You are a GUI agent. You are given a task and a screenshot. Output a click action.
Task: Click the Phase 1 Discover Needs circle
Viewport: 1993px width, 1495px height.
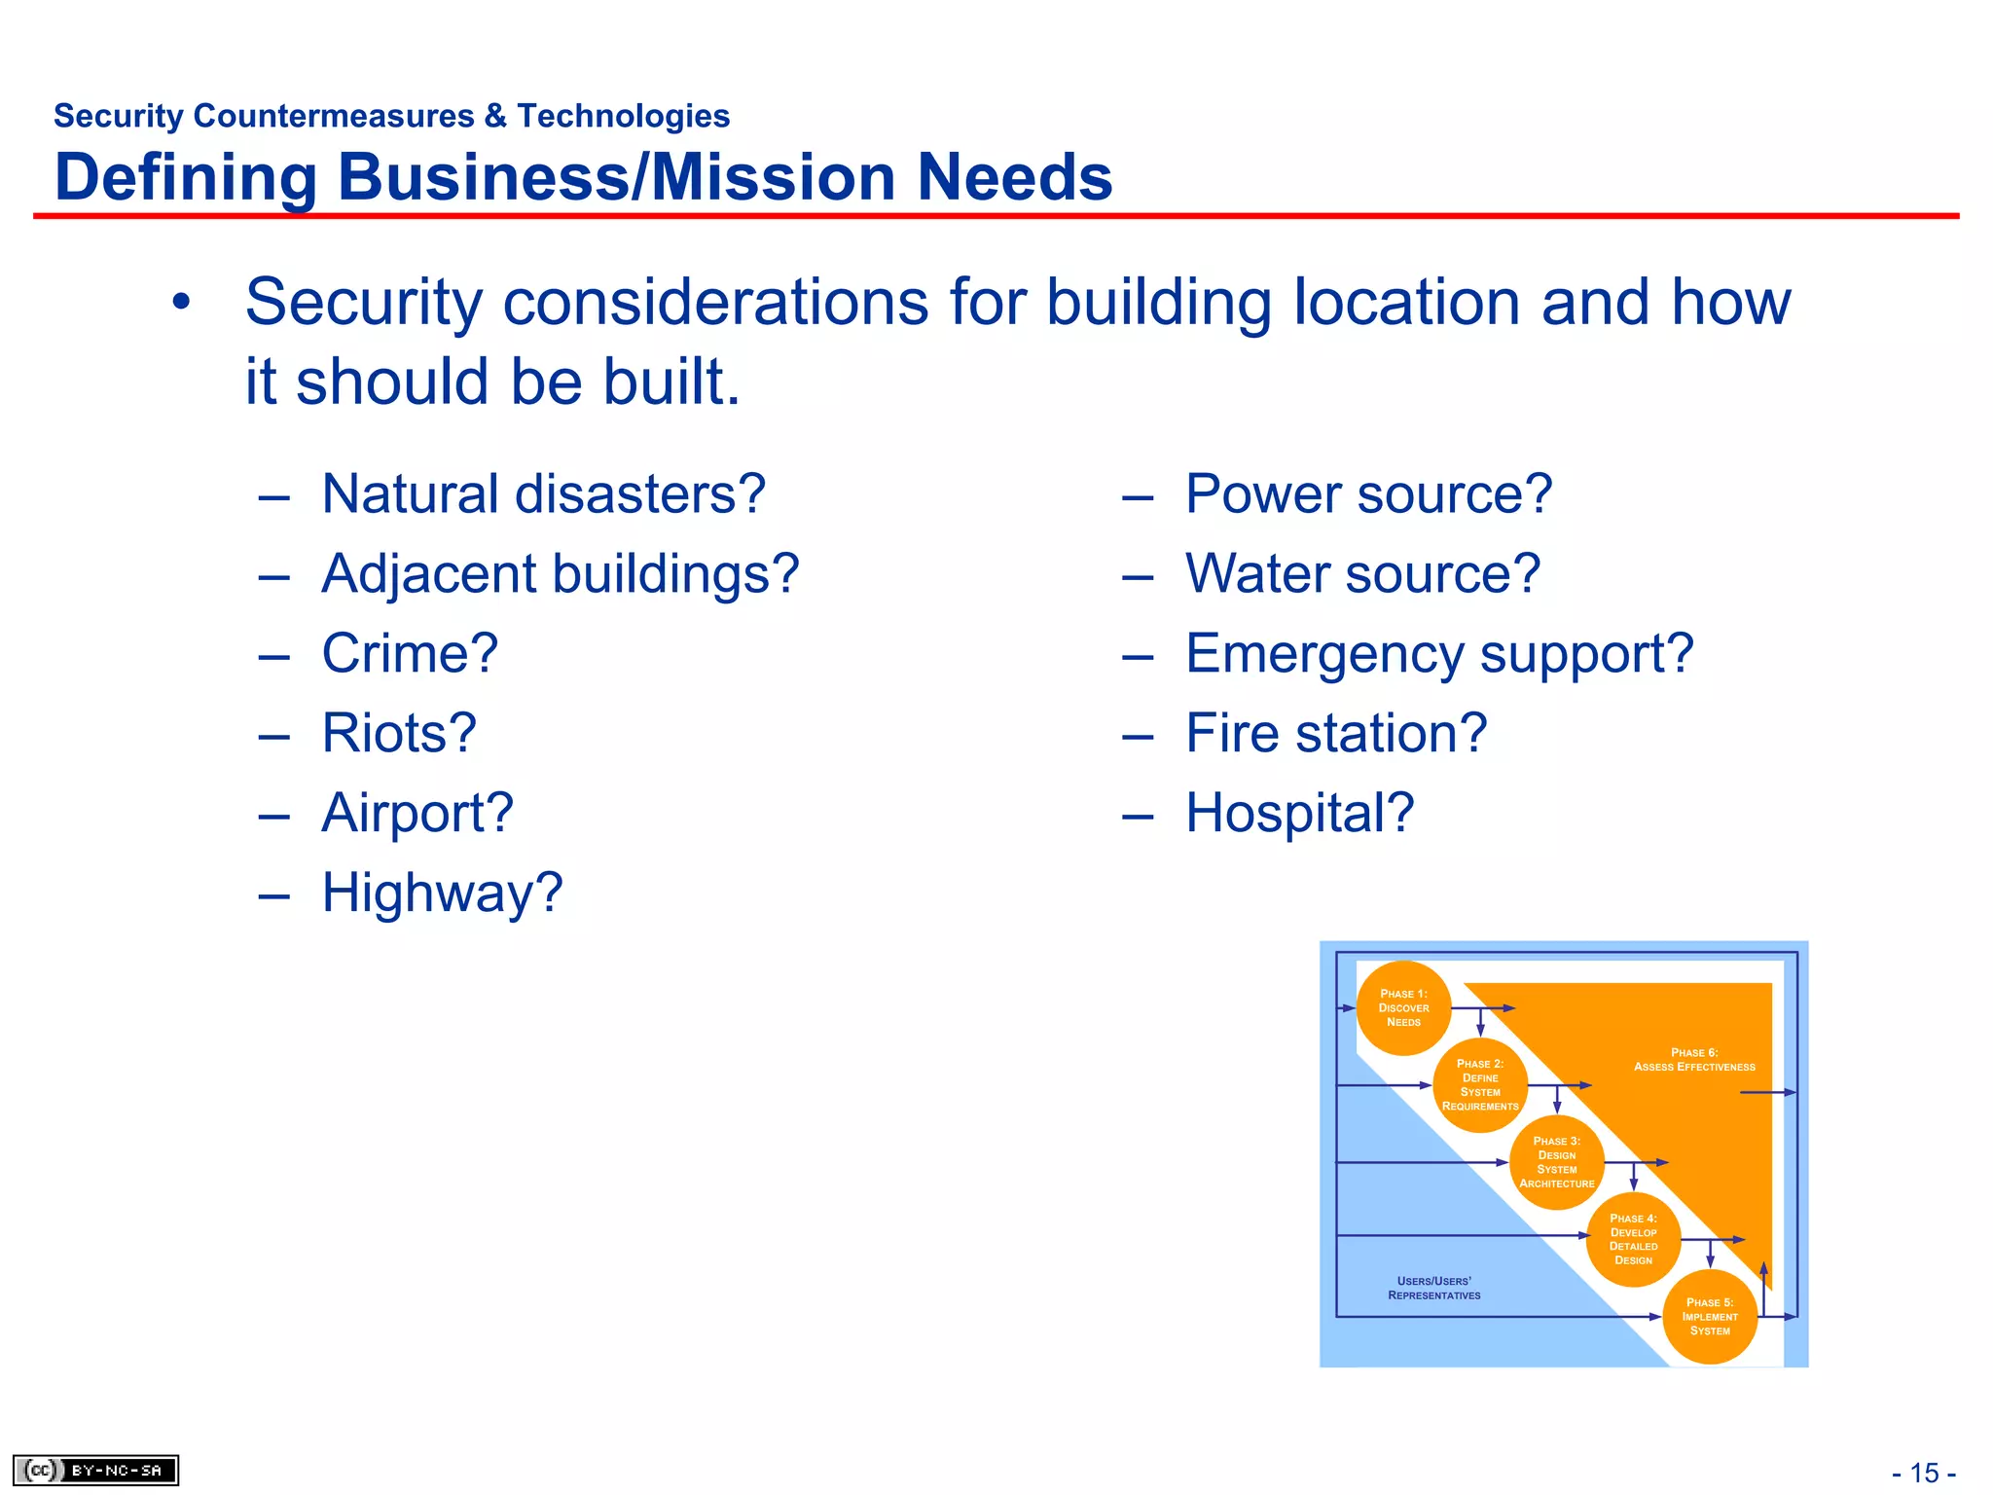(1403, 1007)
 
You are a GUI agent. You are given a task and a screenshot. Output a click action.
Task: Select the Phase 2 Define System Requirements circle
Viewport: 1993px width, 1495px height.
(1479, 1084)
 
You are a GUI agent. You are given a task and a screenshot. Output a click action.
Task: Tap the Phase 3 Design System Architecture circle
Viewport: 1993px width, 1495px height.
(1556, 1162)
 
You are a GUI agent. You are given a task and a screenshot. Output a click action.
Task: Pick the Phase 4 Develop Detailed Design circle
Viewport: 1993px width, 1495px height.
(1633, 1239)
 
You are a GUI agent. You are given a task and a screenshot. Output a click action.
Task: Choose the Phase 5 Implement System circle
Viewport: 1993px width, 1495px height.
(1710, 1316)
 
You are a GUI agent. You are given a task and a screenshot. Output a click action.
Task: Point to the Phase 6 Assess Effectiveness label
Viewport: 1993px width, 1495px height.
(1694, 1060)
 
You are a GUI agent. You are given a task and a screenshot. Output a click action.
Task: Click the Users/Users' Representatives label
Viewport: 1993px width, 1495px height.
(1433, 1288)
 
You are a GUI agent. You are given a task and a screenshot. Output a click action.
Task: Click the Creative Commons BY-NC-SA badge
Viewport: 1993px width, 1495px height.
(95, 1470)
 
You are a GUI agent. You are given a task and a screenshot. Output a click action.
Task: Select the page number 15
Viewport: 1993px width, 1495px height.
(1924, 1473)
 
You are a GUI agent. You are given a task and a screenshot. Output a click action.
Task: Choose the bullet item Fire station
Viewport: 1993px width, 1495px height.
(1336, 733)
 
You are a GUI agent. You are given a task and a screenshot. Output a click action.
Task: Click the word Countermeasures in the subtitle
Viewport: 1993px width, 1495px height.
(333, 116)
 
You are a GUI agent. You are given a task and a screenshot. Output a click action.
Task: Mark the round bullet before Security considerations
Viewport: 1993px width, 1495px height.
(181, 302)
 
